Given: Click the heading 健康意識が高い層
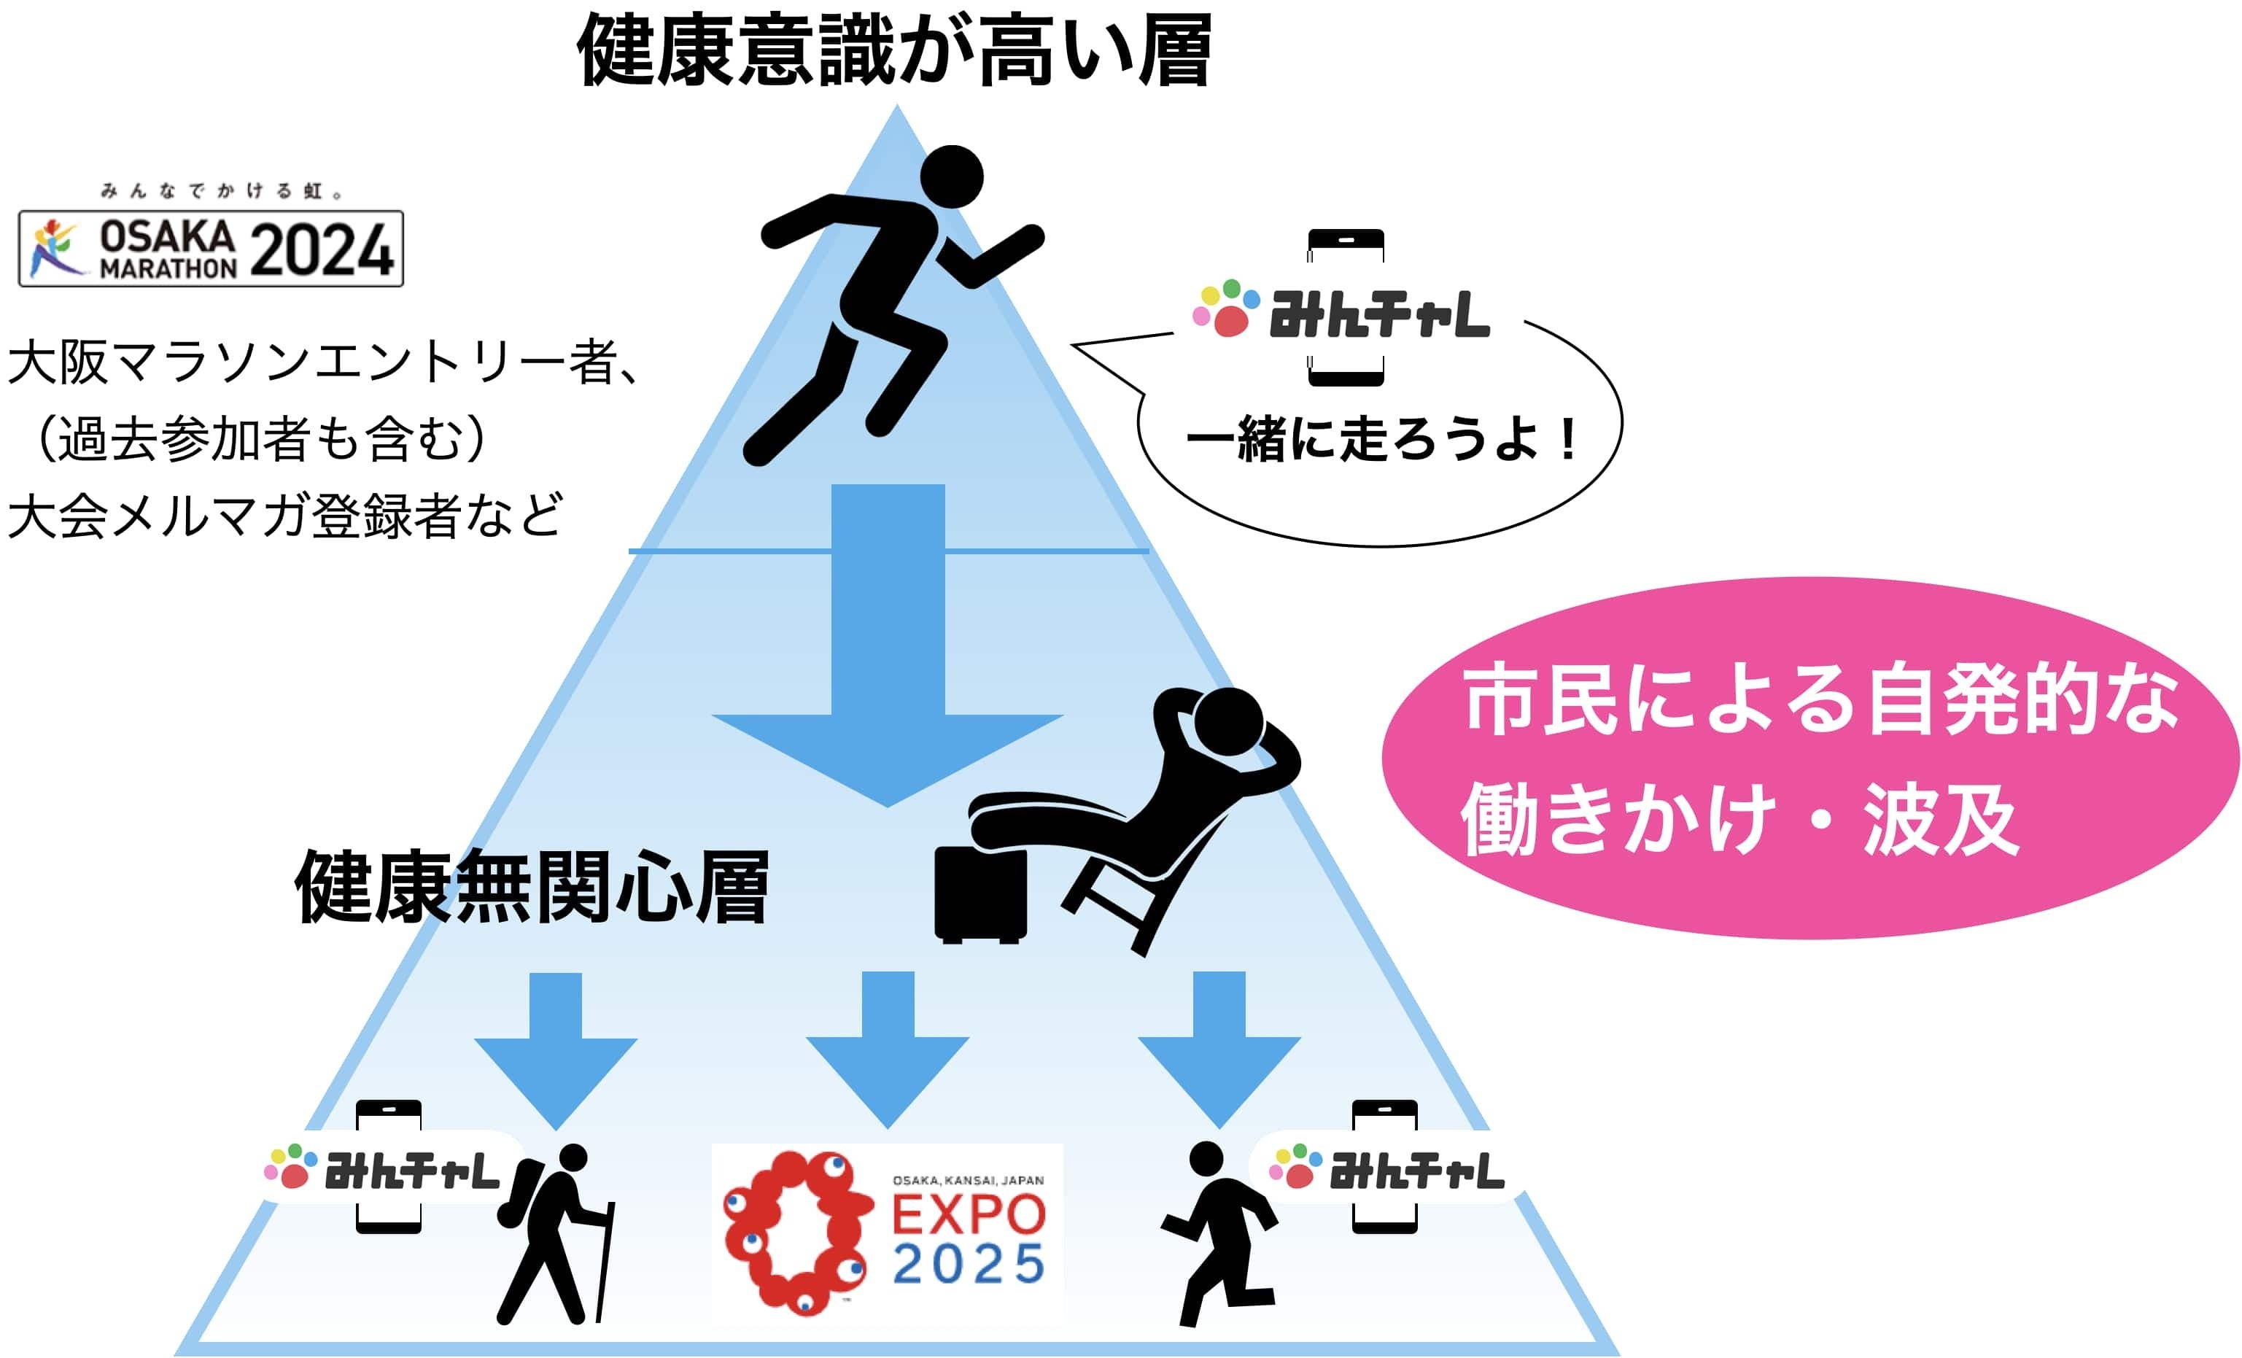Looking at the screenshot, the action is tap(894, 51).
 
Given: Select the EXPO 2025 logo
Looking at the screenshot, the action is tap(886, 1232).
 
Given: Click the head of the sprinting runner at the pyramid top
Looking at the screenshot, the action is tap(952, 178).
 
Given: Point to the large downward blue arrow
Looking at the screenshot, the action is tap(887, 655).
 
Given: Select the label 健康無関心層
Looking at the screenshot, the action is tap(532, 887).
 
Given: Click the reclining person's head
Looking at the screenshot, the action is tap(1228, 723).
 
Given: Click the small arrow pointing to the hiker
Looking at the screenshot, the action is tap(556, 1046).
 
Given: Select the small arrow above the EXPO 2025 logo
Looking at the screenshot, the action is tap(887, 1046).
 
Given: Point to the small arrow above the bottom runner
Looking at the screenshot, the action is tap(1219, 1046).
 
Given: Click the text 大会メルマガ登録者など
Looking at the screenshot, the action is tap(284, 516).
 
